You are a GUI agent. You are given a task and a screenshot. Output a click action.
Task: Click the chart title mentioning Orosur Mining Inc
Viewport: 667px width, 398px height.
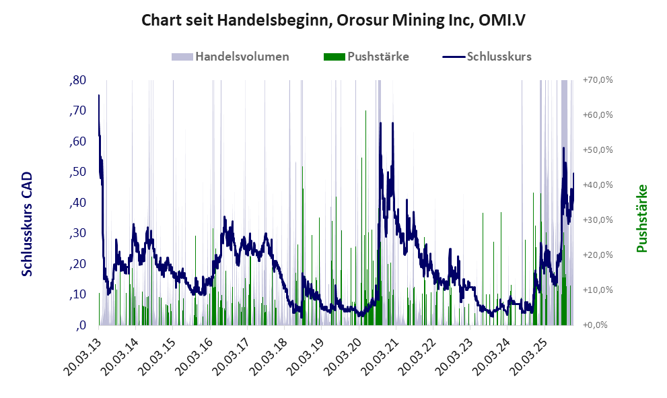333,20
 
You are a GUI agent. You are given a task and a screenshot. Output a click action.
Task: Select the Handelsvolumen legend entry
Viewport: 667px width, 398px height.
231,57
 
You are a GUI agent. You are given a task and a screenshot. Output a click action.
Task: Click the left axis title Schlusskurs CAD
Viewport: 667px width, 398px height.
27,224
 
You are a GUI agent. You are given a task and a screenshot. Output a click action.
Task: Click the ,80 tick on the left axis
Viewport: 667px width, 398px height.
77,80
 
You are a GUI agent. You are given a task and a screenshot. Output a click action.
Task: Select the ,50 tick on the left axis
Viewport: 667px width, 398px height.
77,172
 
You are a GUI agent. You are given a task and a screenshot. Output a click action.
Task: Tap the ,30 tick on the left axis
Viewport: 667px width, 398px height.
77,233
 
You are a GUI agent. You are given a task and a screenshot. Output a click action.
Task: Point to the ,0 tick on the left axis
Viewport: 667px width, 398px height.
80,325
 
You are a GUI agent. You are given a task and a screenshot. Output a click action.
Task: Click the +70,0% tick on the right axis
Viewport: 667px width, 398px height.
596,80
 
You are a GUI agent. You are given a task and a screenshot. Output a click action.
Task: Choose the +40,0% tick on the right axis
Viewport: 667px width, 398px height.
596,185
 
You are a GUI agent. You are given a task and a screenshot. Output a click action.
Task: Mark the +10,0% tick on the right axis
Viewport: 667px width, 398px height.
596,290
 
